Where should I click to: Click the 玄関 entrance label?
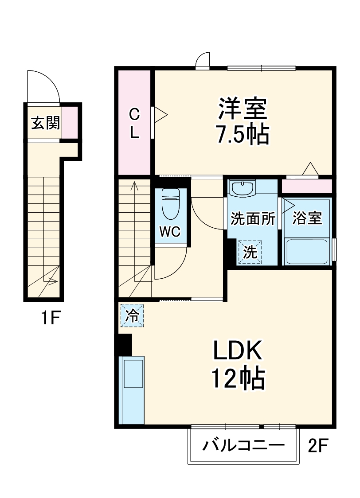tap(45, 123)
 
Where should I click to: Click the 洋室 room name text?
tap(242, 109)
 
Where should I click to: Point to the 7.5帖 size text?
tap(242, 135)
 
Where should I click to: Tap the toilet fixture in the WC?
tap(170, 204)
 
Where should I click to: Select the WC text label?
tap(170, 232)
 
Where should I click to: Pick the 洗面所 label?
tap(253, 218)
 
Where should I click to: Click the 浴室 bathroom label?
tap(307, 218)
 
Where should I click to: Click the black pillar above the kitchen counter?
tap(124, 344)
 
